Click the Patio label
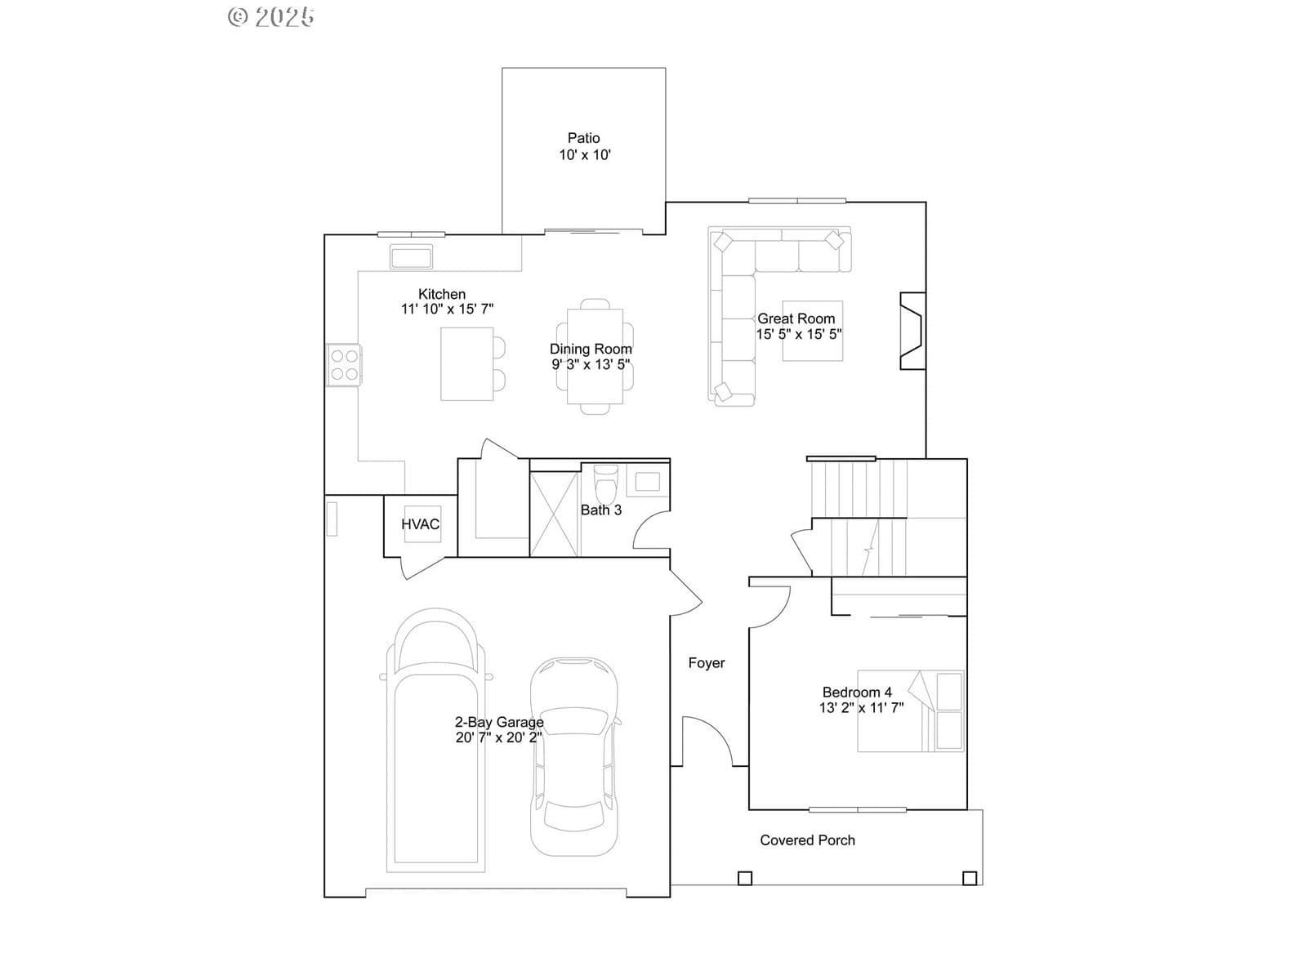[x=583, y=138]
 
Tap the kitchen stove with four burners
[x=344, y=365]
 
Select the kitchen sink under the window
[x=411, y=257]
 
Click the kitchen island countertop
[x=466, y=363]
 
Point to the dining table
[x=595, y=356]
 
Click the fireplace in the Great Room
[x=912, y=331]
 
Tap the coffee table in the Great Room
[x=812, y=331]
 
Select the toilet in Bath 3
[x=606, y=483]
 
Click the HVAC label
[x=420, y=524]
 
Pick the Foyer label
[x=707, y=663]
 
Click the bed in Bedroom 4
[x=911, y=711]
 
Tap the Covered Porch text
[x=807, y=840]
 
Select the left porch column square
[x=745, y=878]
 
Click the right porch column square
[x=970, y=878]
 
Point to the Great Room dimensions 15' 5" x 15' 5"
[x=799, y=334]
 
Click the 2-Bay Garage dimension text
[x=499, y=737]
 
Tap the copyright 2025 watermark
[x=271, y=17]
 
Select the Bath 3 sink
[x=647, y=481]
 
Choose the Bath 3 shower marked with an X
[x=554, y=514]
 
